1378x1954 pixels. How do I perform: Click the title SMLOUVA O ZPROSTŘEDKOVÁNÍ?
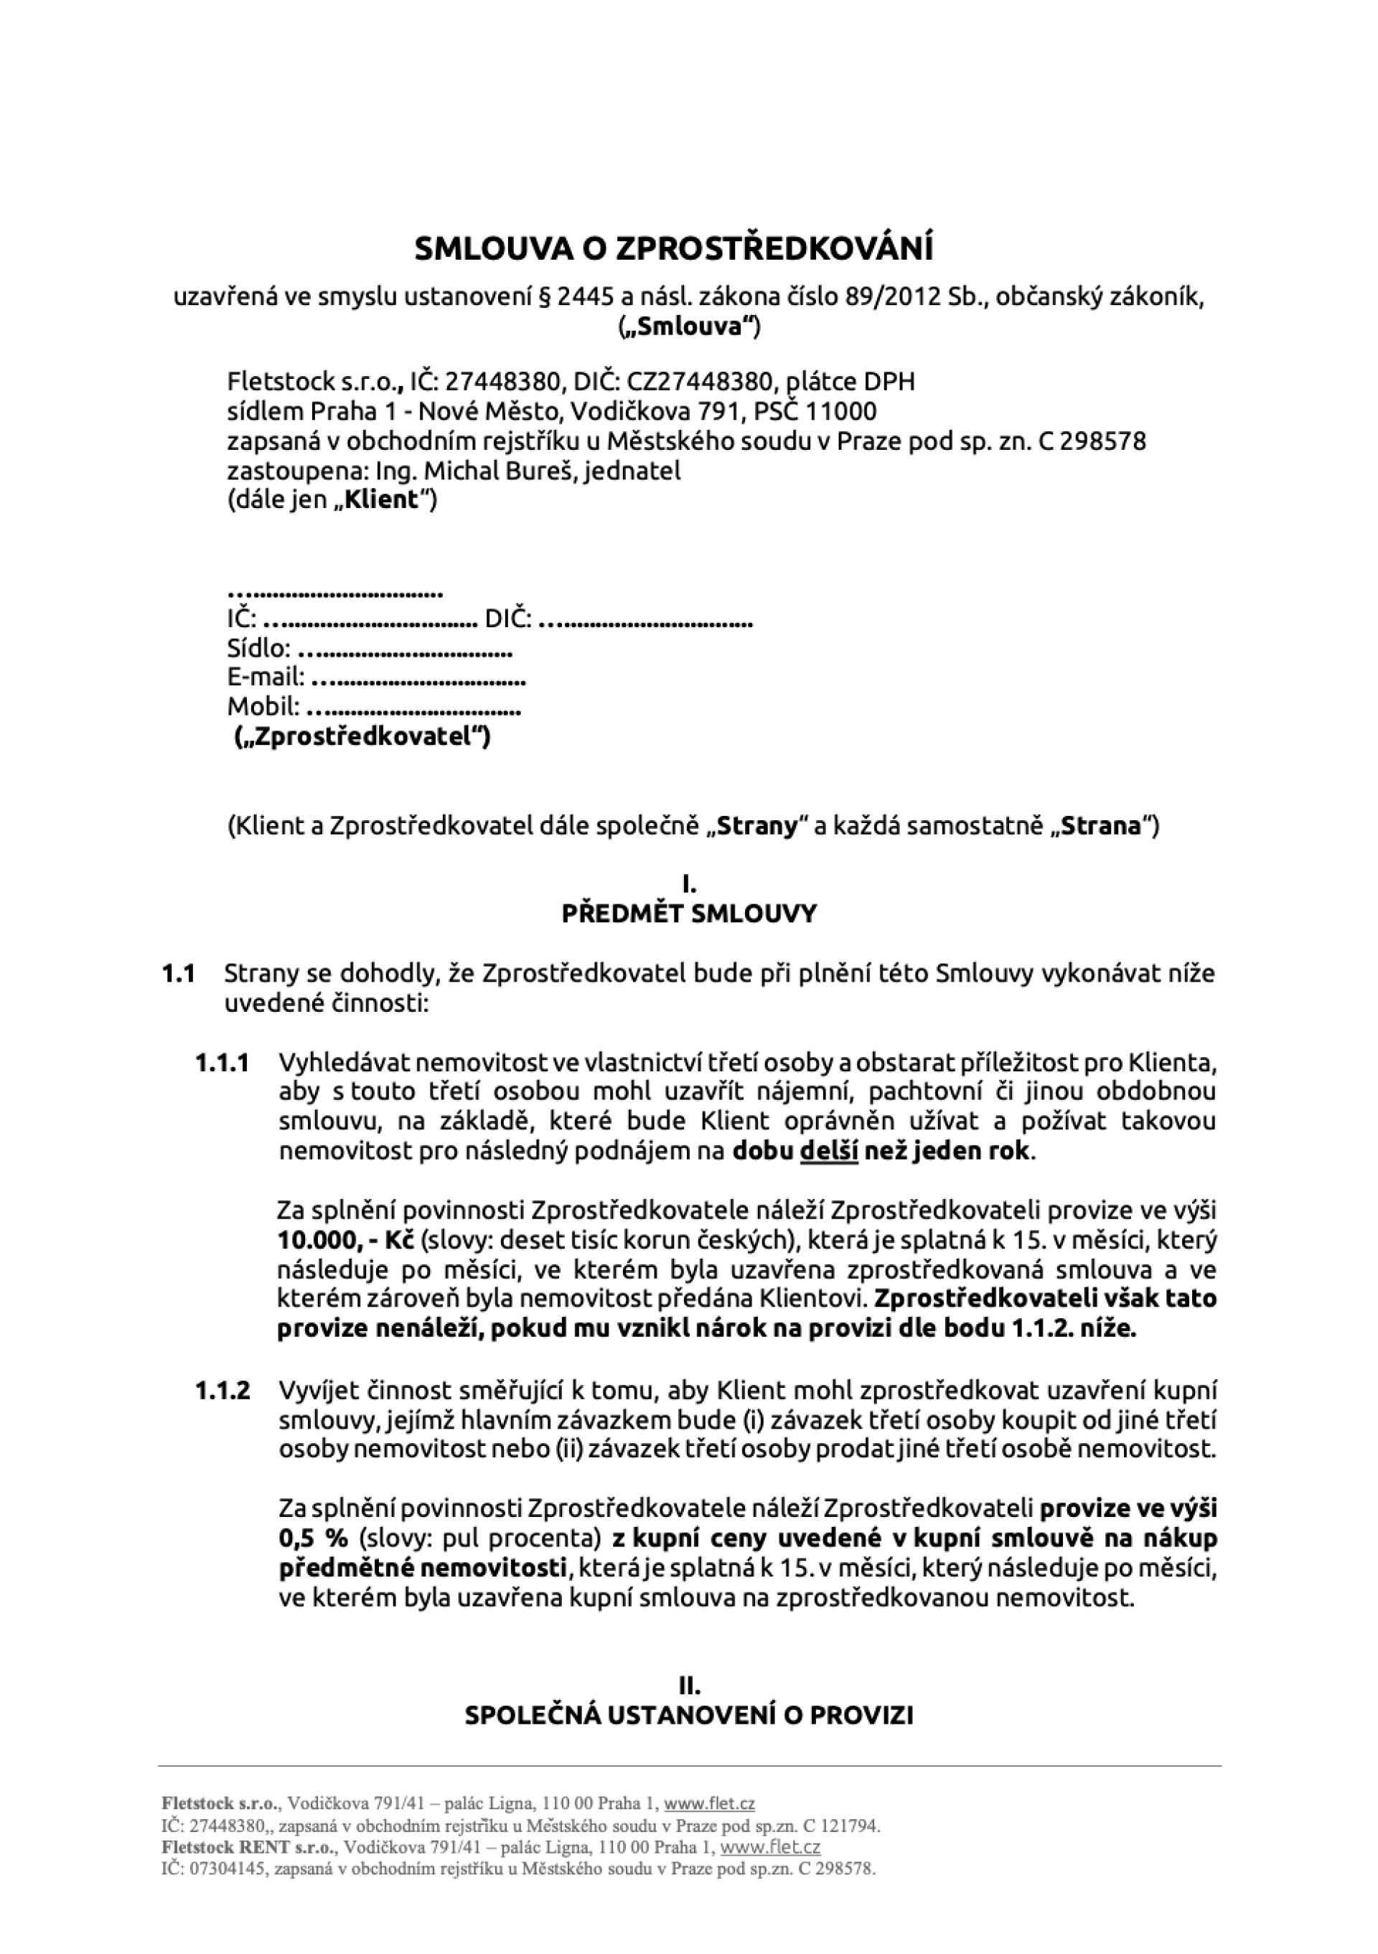pyautogui.click(x=673, y=249)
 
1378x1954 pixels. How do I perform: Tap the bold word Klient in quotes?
pyautogui.click(x=388, y=499)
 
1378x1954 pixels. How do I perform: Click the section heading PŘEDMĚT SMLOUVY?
pyautogui.click(x=688, y=914)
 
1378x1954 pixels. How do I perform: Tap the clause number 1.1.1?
pyautogui.click(x=222, y=1063)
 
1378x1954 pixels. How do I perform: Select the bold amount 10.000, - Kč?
pyautogui.click(x=344, y=1240)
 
